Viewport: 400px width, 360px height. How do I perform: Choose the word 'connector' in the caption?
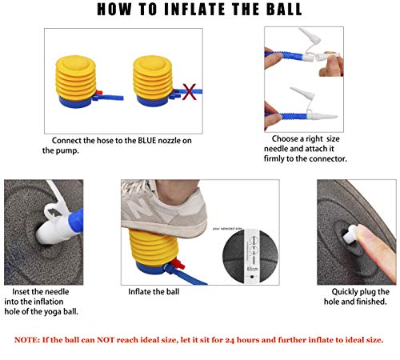326,158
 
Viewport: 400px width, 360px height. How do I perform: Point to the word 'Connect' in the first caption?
68,141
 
